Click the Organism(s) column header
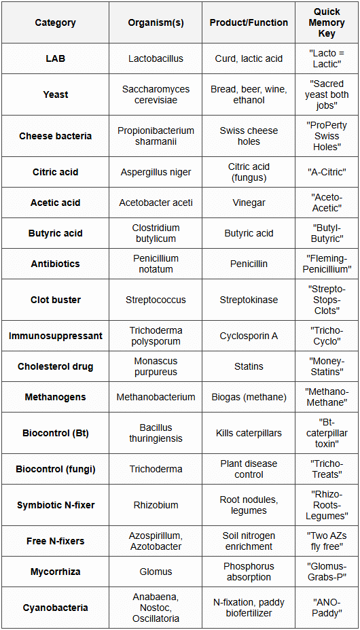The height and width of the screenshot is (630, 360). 156,22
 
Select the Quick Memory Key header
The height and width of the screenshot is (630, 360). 327,22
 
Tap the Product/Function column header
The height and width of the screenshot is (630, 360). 249,22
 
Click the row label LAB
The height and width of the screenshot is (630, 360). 55,58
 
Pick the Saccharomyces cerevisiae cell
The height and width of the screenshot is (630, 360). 156,94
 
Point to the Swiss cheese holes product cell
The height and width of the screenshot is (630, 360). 249,136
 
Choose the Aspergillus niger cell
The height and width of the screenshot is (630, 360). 156,172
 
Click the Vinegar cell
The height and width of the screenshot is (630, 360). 249,203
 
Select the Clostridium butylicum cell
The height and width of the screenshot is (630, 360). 156,233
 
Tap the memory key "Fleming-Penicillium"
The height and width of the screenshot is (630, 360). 327,264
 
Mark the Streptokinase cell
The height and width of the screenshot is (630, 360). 249,300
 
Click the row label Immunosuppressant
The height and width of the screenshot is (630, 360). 55,336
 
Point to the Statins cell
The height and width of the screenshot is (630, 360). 249,366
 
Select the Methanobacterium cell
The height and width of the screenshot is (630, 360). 156,397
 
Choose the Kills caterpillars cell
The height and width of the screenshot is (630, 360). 249,433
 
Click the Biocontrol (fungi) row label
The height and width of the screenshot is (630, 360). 55,469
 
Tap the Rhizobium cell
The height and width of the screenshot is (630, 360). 156,505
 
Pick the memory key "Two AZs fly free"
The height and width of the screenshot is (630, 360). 327,541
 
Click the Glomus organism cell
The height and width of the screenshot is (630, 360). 156,572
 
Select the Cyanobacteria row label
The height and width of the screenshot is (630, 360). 55,608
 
